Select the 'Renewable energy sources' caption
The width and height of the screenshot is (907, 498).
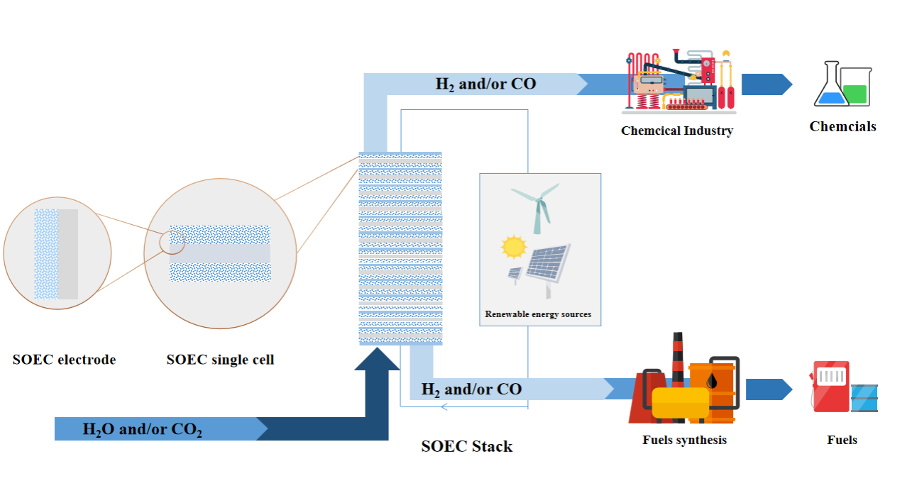pyautogui.click(x=538, y=314)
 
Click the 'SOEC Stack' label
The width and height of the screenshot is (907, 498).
pyautogui.click(x=466, y=446)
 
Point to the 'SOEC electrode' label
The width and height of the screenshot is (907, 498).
pyautogui.click(x=64, y=360)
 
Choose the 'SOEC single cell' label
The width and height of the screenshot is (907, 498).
pyautogui.click(x=220, y=360)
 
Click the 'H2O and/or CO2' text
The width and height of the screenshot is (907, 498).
pyautogui.click(x=143, y=429)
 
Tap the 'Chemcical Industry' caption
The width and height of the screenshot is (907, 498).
pyautogui.click(x=677, y=131)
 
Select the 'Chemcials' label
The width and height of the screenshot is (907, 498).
pyautogui.click(x=842, y=127)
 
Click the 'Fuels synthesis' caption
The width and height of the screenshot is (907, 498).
pyautogui.click(x=684, y=440)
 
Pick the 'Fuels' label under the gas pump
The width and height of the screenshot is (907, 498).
pyautogui.click(x=842, y=440)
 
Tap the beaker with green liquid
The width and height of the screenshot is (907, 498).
pyautogui.click(x=857, y=87)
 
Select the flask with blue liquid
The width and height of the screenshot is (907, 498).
pyautogui.click(x=831, y=89)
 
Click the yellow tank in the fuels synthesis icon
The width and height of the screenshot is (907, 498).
pyautogui.click(x=680, y=402)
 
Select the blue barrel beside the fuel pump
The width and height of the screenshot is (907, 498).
pyautogui.click(x=864, y=398)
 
